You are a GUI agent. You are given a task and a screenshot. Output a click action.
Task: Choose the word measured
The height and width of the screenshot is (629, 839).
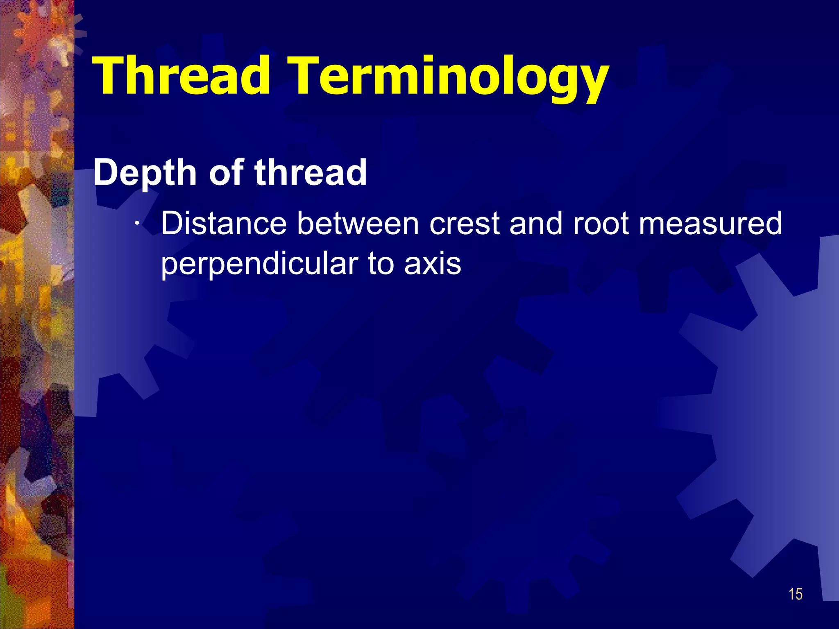(x=710, y=224)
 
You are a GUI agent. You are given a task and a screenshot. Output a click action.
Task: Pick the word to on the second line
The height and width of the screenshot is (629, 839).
(x=381, y=265)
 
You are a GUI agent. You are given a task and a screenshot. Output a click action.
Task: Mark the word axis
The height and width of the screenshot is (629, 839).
(x=433, y=265)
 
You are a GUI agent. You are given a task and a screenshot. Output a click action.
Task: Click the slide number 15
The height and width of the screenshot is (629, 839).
(x=795, y=594)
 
